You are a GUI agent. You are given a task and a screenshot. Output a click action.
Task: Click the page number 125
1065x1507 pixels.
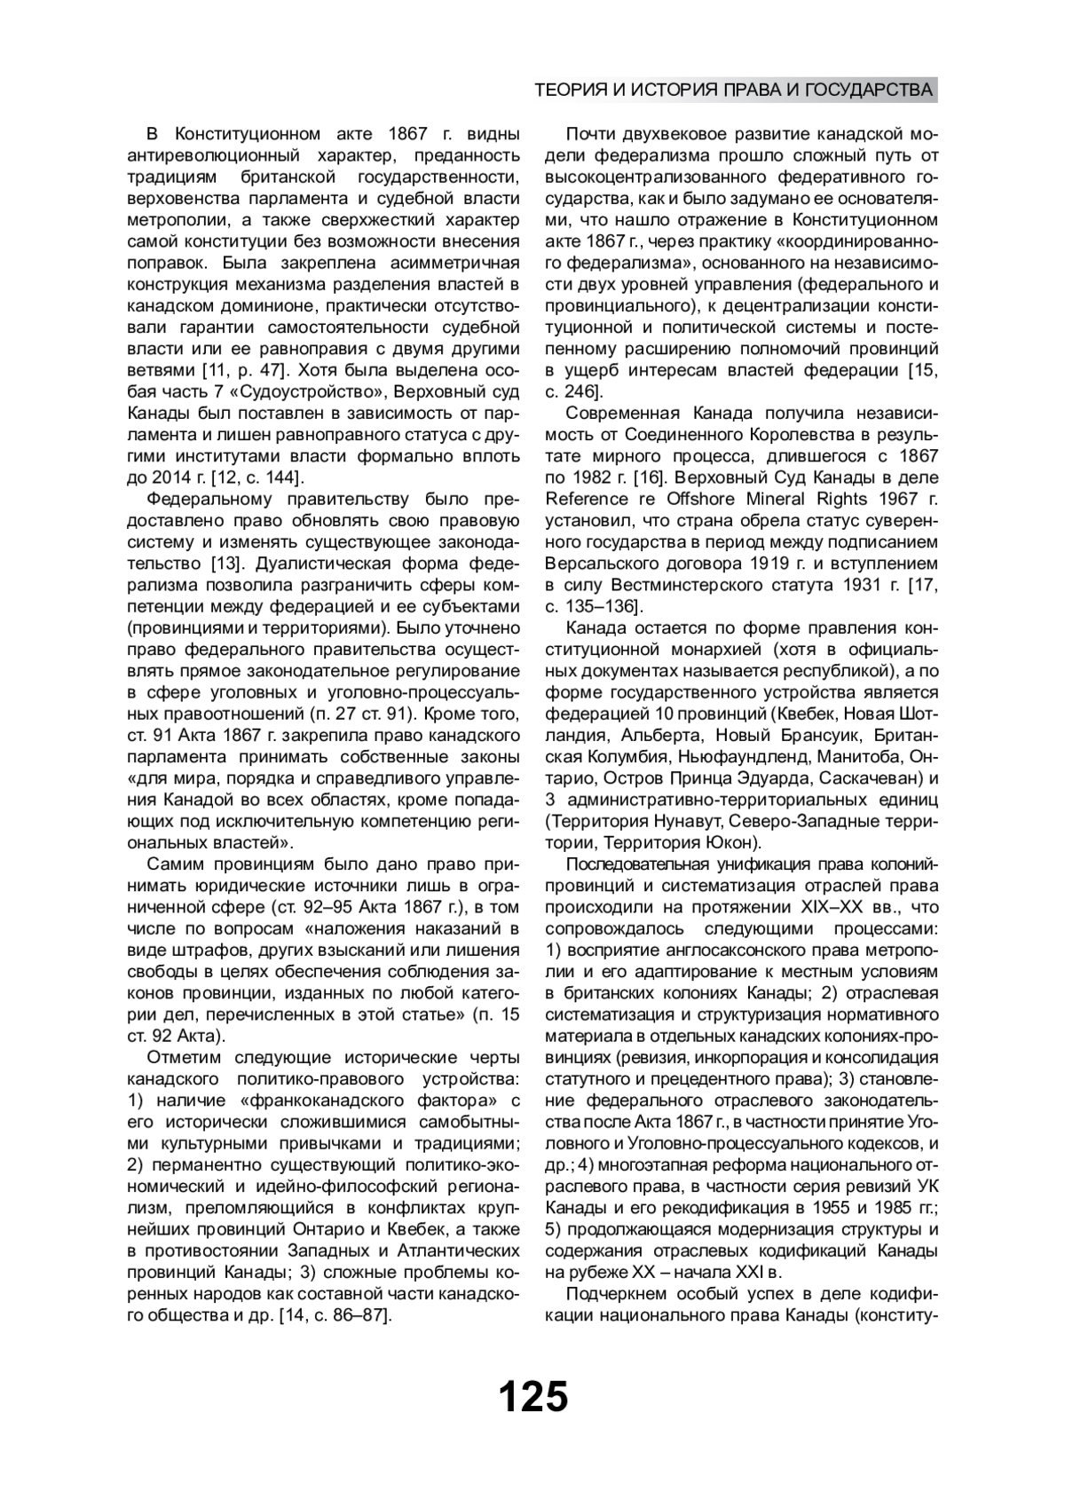tap(532, 1397)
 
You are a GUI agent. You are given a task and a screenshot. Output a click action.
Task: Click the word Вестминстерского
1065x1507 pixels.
tap(684, 585)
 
